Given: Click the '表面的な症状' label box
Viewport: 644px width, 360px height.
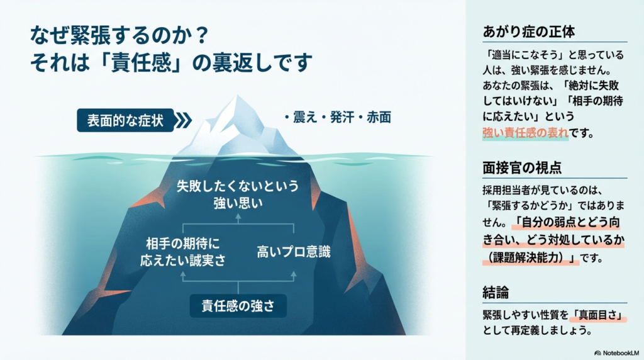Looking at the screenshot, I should coord(125,120).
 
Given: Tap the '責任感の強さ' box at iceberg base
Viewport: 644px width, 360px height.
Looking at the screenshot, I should coord(238,307).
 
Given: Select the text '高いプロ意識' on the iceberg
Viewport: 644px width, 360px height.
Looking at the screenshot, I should coord(294,252).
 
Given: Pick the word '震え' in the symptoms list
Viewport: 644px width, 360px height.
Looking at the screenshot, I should coord(306,117).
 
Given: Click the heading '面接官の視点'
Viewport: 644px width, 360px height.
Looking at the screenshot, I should coord(522,168).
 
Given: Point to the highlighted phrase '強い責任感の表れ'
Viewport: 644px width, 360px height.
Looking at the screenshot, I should coord(525,133).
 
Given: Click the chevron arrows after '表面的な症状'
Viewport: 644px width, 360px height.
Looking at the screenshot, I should coord(182,120).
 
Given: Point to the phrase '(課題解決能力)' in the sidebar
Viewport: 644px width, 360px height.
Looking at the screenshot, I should coord(530,258).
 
